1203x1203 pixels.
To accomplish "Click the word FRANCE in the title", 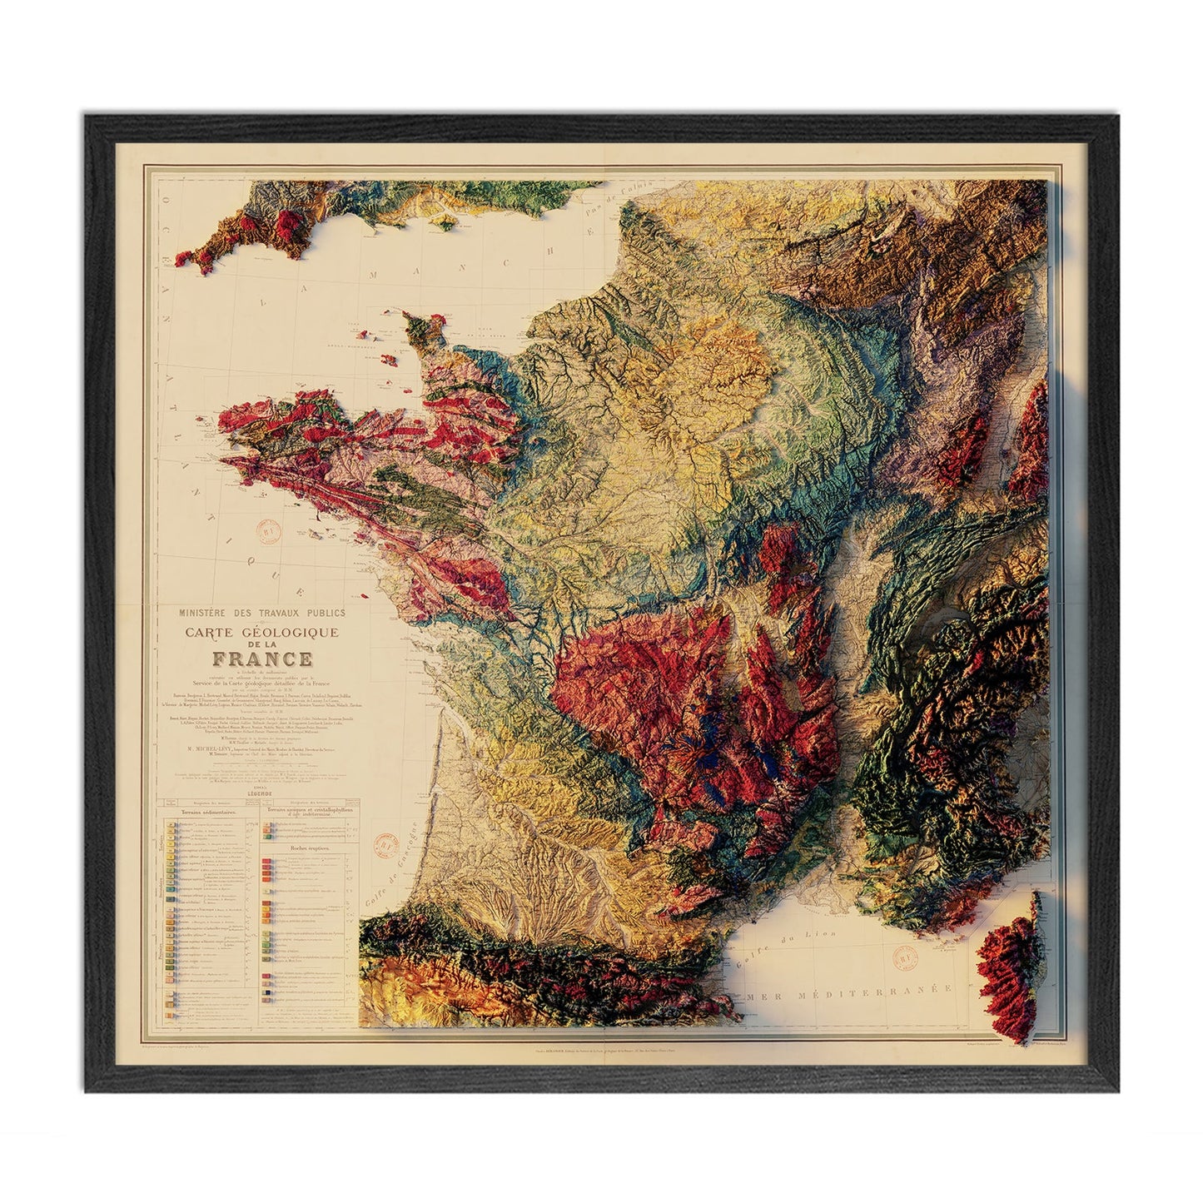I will point(262,659).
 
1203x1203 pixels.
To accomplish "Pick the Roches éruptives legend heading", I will point(308,849).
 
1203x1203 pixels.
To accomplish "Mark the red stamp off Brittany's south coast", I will point(269,534).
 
